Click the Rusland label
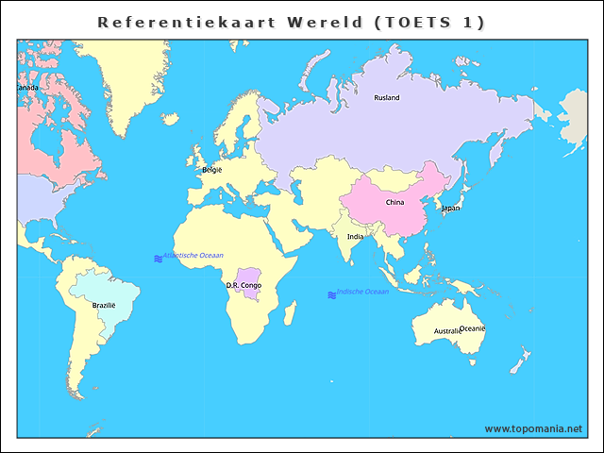[x=386, y=97]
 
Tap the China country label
[x=394, y=202]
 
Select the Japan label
[x=451, y=208]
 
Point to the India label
[x=355, y=237]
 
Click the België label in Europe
[x=211, y=170]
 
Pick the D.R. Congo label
[x=243, y=285]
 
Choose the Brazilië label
[x=103, y=305]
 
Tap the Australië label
[x=447, y=331]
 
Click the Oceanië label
[x=473, y=327]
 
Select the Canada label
[x=27, y=88]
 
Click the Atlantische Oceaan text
[x=193, y=256]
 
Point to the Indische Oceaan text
[x=362, y=292]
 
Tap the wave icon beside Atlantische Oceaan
[x=158, y=258]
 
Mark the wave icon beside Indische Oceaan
[x=331, y=294]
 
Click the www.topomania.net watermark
[x=533, y=428]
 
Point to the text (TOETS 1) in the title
[x=429, y=22]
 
